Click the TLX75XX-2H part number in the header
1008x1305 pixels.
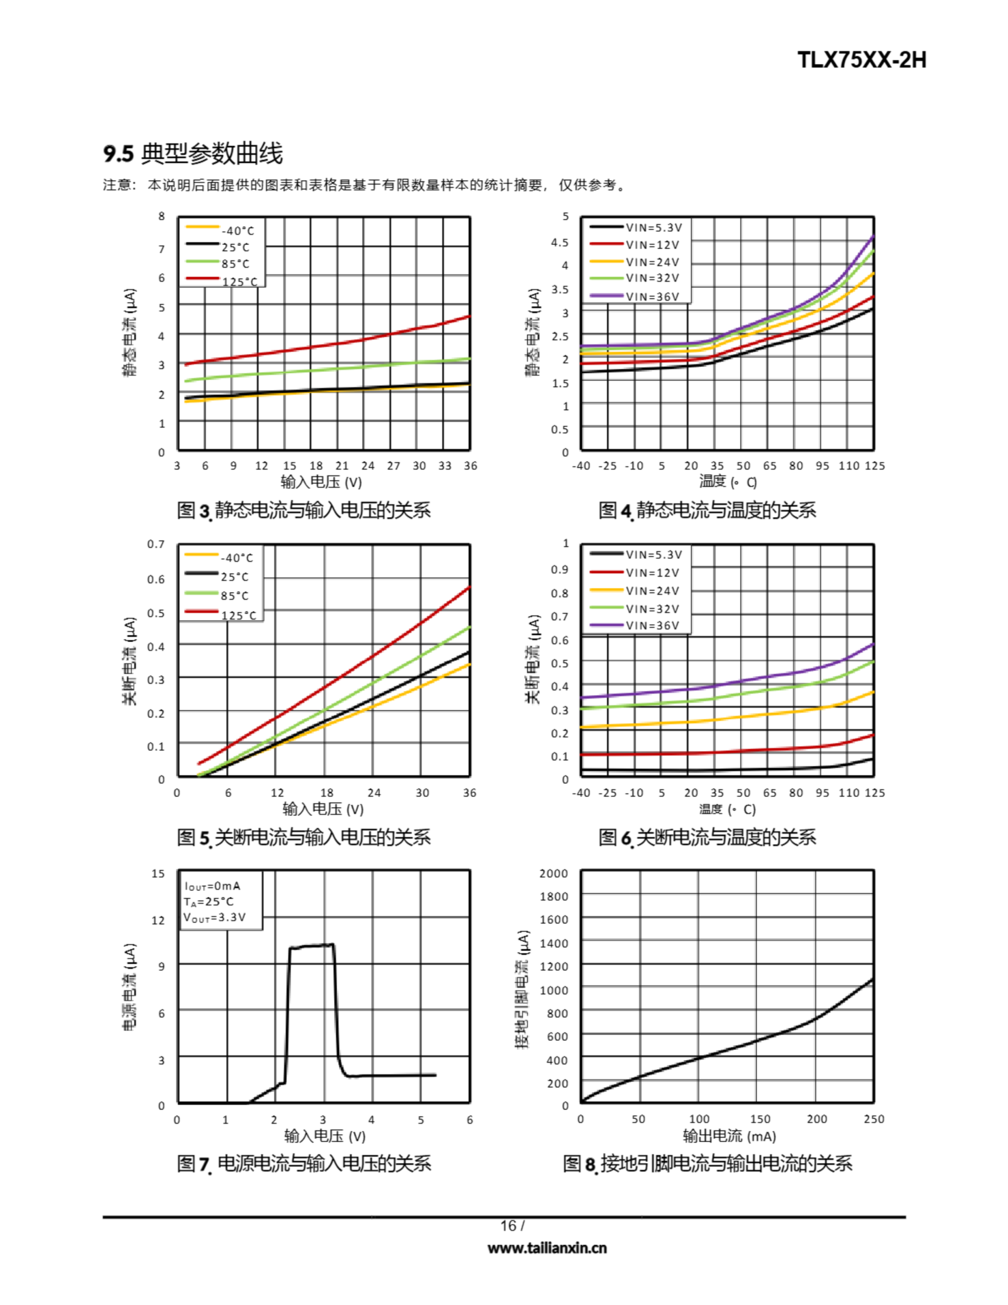[x=861, y=60]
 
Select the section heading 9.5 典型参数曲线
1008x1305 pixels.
[x=193, y=154]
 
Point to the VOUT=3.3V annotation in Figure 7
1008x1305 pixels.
[x=214, y=917]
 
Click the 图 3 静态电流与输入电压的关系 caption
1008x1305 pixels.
[x=304, y=510]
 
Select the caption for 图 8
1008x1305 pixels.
[x=707, y=1163]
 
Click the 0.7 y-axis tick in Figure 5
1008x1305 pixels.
[x=156, y=544]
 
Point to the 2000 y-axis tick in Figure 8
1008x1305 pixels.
[x=553, y=873]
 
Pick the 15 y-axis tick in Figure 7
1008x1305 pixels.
[x=158, y=873]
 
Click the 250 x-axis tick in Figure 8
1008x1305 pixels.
[x=873, y=1119]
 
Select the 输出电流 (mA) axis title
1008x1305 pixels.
[x=729, y=1136]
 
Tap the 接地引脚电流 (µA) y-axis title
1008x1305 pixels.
[x=522, y=989]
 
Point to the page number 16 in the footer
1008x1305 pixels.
[x=509, y=1225]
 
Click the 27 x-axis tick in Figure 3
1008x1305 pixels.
[x=393, y=465]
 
